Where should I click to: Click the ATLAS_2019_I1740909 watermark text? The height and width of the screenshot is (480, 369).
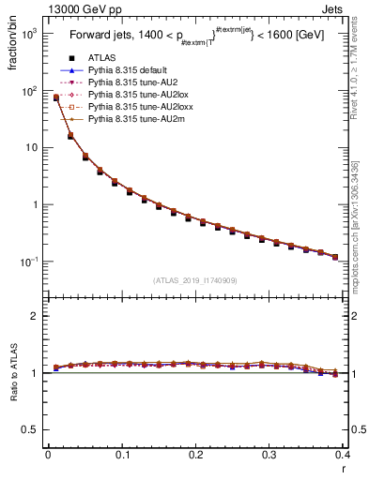click(194, 280)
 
